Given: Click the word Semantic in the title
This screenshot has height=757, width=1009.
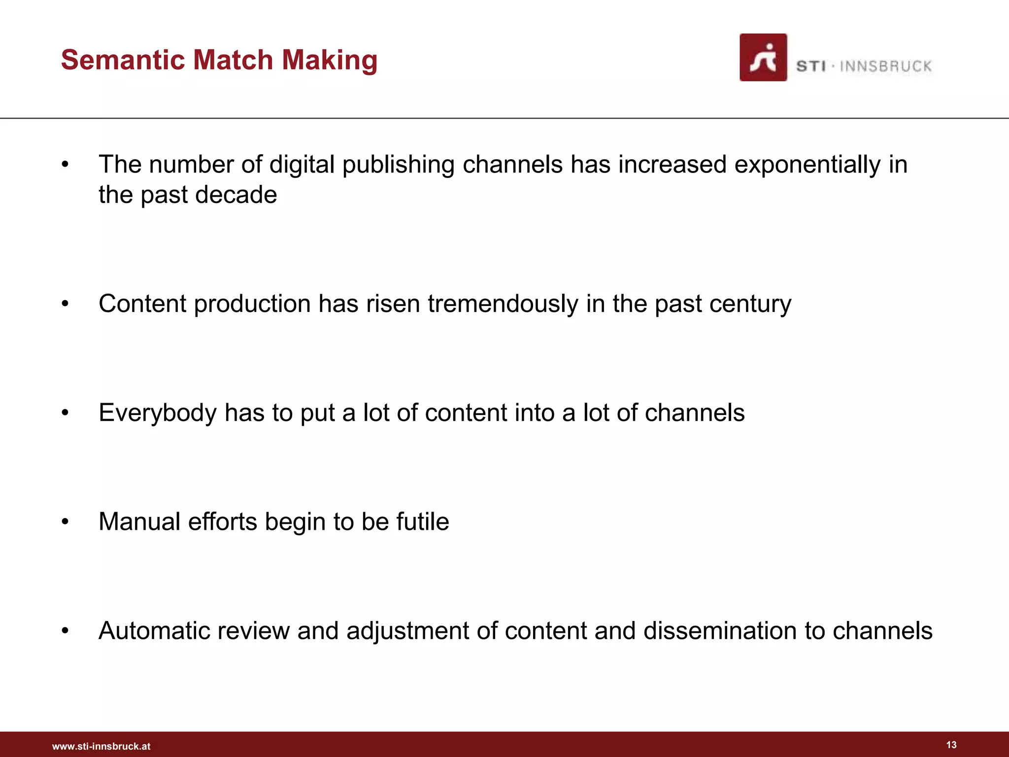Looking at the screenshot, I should point(123,60).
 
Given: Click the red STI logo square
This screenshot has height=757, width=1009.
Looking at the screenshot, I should point(763,57).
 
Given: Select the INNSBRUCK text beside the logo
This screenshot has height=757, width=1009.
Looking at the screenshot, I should point(885,66).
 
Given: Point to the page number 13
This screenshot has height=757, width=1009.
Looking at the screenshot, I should point(951,745).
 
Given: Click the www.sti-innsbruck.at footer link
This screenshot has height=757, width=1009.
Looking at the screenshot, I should point(101,746).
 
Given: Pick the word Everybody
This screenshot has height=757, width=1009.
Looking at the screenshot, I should point(158,413).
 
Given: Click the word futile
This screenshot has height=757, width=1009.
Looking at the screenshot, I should point(423,521).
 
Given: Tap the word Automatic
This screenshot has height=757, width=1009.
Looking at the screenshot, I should point(151,631).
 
